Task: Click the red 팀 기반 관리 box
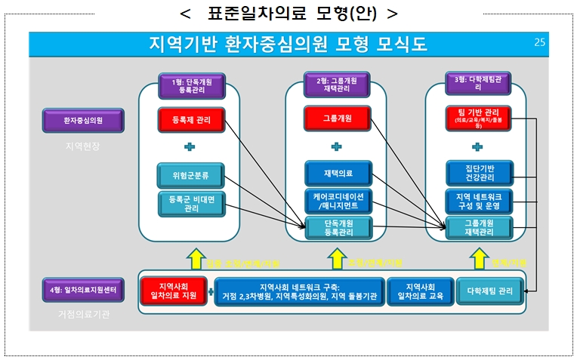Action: [x=479, y=119]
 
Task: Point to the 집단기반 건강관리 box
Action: [x=479, y=173]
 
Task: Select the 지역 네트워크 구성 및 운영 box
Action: [x=479, y=201]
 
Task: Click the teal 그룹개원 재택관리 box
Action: [x=479, y=227]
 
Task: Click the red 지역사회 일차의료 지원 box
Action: [x=173, y=291]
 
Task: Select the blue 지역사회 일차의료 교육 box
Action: [x=418, y=291]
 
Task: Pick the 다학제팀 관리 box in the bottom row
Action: [x=489, y=291]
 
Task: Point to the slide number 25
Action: [x=538, y=44]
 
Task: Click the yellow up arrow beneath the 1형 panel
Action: [x=196, y=259]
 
